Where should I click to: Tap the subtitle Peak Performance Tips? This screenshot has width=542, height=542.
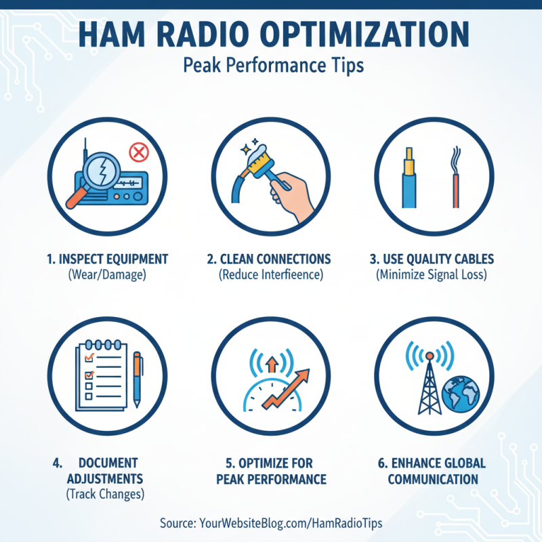click(270, 66)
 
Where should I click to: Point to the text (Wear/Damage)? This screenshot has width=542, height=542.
click(108, 275)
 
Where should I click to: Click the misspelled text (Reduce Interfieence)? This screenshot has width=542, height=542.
click(270, 275)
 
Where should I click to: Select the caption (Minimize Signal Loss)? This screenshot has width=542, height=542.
click(432, 275)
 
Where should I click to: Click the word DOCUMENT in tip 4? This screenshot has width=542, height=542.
click(108, 463)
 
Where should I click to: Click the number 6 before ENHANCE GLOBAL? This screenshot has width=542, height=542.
click(381, 463)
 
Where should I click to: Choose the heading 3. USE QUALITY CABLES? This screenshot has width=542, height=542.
click(432, 259)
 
